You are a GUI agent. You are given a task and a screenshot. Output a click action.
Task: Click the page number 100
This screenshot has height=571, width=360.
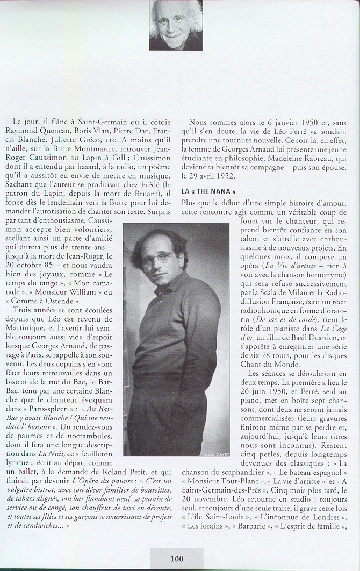point(177,559)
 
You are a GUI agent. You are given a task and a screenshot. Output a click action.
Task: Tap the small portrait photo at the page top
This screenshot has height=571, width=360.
point(176,25)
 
